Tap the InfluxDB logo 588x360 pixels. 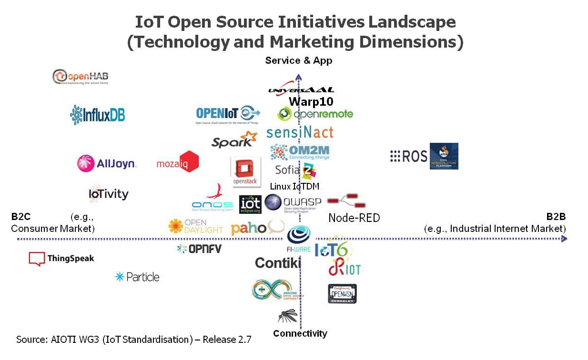click(x=97, y=115)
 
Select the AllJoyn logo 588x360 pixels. click(x=107, y=163)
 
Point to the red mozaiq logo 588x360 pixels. click(x=178, y=162)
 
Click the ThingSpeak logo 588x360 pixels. click(x=61, y=259)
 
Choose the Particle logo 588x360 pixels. click(x=137, y=277)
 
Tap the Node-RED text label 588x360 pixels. click(x=354, y=218)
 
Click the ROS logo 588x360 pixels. click(x=408, y=156)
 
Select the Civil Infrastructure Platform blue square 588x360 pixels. click(x=444, y=156)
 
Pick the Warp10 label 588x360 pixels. click(x=311, y=101)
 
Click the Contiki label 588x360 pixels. click(x=278, y=262)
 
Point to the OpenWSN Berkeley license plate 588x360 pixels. click(x=342, y=293)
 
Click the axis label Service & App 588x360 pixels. click(x=299, y=60)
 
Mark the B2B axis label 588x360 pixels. click(x=556, y=217)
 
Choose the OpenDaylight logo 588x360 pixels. click(x=196, y=226)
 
